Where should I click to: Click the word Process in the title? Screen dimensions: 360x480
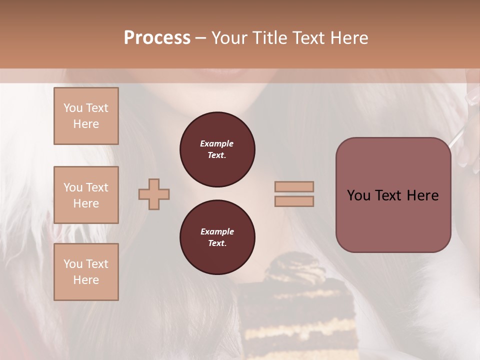[157, 38]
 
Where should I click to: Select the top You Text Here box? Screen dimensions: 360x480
[86, 116]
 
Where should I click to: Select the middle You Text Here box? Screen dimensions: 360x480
[86, 195]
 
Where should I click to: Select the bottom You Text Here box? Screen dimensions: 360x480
[86, 272]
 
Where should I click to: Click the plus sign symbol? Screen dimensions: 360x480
[154, 194]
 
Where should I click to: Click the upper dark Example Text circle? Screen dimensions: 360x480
[217, 149]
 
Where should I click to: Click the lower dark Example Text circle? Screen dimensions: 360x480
[217, 237]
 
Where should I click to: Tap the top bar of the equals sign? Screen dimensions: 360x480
[294, 186]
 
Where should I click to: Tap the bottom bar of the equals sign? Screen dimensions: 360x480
[294, 201]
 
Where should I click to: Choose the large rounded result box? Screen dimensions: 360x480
[393, 220]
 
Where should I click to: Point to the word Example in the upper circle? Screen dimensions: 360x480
[217, 143]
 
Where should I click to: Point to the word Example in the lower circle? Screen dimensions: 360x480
[217, 231]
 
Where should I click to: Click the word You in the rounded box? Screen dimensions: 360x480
[358, 195]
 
